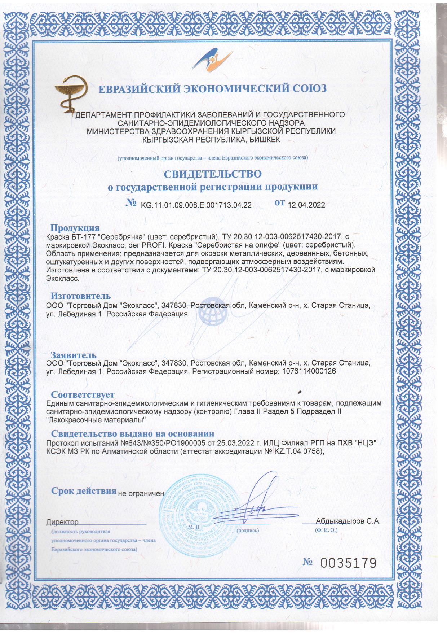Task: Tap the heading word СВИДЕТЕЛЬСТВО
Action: pyautogui.click(x=213, y=174)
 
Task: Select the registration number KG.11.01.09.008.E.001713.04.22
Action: pyautogui.click(x=196, y=205)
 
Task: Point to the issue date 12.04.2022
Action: pyautogui.click(x=306, y=205)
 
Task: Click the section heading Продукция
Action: pyautogui.click(x=75, y=228)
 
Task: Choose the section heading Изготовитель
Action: pyautogui.click(x=80, y=296)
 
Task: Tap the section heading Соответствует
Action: pyautogui.click(x=83, y=394)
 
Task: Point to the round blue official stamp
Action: pyautogui.click(x=199, y=512)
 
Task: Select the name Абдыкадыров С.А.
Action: pyautogui.click(x=348, y=521)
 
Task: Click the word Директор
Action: pyautogui.click(x=62, y=522)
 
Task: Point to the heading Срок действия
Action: pyautogui.click(x=84, y=491)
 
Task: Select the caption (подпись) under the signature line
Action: pyautogui.click(x=248, y=531)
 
